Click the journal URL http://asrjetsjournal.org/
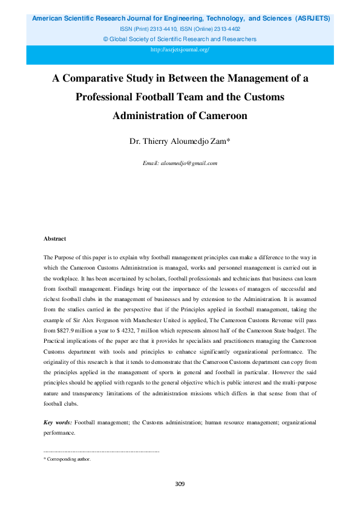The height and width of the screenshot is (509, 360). pos(180,50)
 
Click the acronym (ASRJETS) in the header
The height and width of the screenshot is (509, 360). pos(312,19)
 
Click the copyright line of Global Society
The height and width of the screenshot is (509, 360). pos(180,39)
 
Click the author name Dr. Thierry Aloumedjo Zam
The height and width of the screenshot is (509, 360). pos(179,142)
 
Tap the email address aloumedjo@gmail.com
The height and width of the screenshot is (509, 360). pos(188,163)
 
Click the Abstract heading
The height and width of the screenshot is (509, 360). pos(55,239)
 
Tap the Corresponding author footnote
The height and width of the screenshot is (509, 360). pos(68,459)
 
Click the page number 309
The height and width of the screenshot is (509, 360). pos(180,484)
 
